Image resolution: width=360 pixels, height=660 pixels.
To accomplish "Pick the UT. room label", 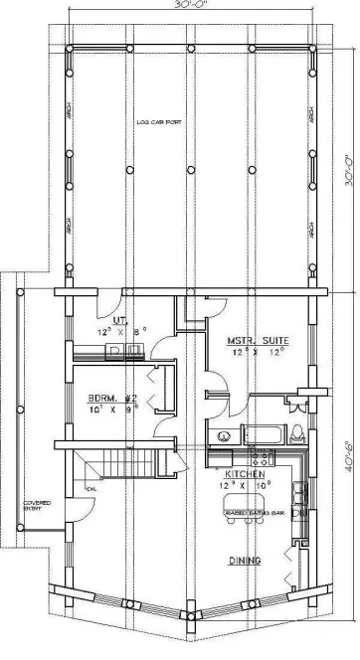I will click(116, 320).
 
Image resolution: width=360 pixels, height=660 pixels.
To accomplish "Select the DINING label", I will click(244, 562).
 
